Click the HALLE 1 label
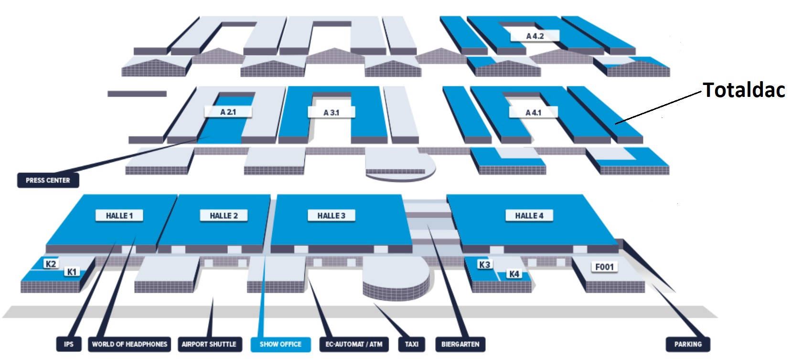[x=119, y=216]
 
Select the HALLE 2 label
[x=224, y=216]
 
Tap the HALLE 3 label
[x=331, y=216]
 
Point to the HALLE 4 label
[x=529, y=216]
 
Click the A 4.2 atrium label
[x=535, y=36]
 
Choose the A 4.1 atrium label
[x=533, y=112]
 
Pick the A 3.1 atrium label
[x=331, y=112]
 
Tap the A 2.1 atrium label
[x=228, y=112]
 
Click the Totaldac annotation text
[x=744, y=90]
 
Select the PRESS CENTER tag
[x=48, y=180]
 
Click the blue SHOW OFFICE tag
[x=280, y=344]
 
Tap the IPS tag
[x=69, y=344]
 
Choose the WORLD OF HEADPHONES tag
[x=129, y=344]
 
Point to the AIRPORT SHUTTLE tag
[x=209, y=344]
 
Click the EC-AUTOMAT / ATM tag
[x=353, y=344]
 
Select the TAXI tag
[x=411, y=344]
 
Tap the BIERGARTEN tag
[x=460, y=344]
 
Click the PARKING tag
[x=688, y=344]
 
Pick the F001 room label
[x=604, y=267]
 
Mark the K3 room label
[x=484, y=265]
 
